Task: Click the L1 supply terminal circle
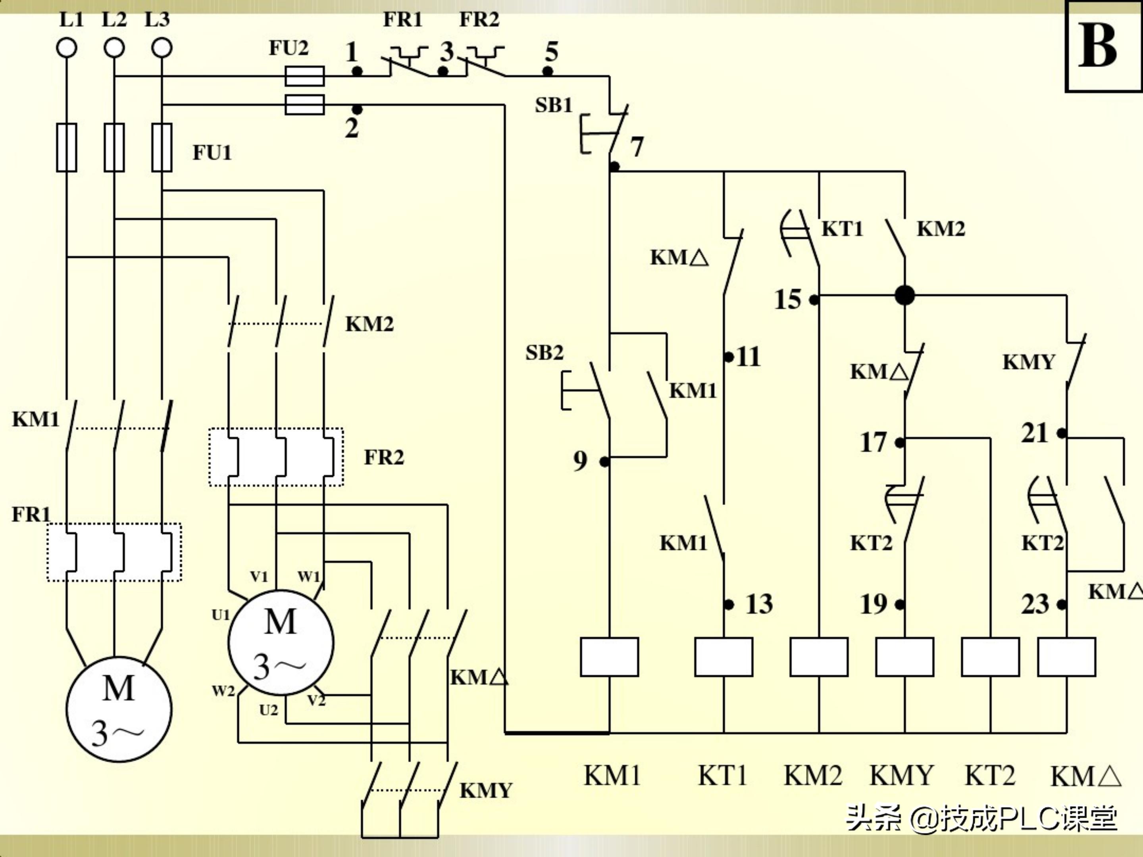(67, 48)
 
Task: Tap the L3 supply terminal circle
(162, 48)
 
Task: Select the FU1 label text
(212, 153)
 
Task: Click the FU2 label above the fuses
(289, 48)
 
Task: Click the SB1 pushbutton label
(553, 106)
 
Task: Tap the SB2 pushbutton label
(544, 353)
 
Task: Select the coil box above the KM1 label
(609, 657)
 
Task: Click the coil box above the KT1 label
(724, 657)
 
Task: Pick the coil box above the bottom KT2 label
(990, 657)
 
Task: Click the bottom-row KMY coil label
(902, 775)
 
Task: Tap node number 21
(1035, 433)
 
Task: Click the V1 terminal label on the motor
(259, 576)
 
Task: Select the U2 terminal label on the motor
(269, 710)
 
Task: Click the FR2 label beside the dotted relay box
(384, 457)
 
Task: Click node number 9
(580, 461)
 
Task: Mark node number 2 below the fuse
(352, 128)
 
